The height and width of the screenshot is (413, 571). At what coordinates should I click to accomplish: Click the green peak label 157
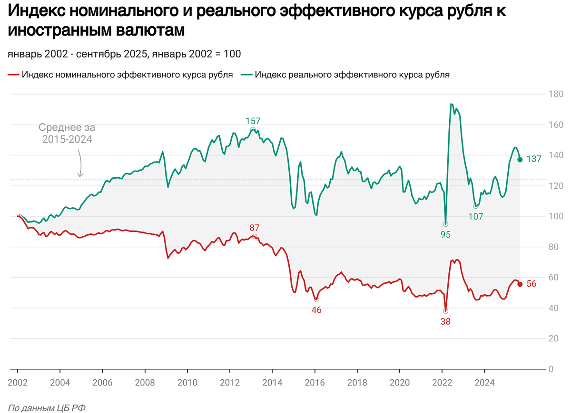point(253,121)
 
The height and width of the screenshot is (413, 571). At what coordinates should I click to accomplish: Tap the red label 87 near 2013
point(255,228)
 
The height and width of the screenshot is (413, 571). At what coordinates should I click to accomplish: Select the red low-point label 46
point(316,310)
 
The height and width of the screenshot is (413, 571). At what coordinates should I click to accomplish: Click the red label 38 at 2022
point(445,321)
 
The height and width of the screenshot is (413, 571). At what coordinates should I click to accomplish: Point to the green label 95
point(445,234)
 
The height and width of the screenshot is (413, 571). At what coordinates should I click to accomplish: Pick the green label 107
point(475,217)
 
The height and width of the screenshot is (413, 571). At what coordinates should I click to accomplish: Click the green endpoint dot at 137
point(520,160)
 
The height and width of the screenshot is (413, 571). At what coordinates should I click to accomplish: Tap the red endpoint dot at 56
point(520,284)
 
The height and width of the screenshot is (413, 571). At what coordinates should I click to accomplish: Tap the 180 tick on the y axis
point(554,94)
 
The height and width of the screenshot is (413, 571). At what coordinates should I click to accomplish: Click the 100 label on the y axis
point(554,216)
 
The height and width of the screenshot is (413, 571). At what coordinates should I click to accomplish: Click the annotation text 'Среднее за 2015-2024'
point(67,134)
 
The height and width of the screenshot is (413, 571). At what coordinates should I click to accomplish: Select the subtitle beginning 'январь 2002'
point(124,54)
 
